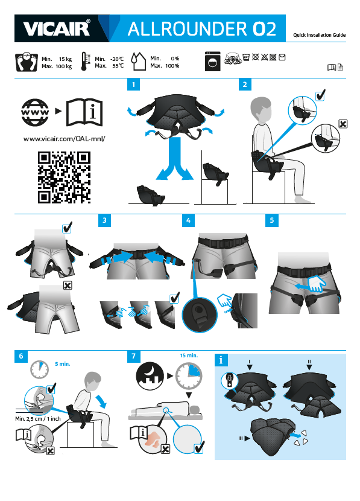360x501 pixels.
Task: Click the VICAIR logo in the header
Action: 57,28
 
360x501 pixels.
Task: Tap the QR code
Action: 64,177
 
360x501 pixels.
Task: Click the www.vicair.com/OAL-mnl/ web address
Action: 64,139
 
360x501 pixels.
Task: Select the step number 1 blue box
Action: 133,85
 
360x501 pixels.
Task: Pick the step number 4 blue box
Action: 188,220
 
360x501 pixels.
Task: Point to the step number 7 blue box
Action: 134,356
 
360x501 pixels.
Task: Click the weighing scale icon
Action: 27,62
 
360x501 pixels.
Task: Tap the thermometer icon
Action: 85,62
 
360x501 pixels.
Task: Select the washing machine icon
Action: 212,62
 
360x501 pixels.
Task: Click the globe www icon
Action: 35,112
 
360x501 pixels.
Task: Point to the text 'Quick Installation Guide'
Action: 320,35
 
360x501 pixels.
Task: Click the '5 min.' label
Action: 63,364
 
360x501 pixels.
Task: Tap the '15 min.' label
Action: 189,356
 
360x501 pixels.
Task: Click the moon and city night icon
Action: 150,376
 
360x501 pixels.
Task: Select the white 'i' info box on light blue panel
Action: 221,360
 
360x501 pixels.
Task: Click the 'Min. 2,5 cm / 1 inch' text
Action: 38,418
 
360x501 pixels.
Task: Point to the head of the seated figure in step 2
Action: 261,110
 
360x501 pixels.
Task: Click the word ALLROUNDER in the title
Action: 188,29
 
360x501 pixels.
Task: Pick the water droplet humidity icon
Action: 139,62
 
